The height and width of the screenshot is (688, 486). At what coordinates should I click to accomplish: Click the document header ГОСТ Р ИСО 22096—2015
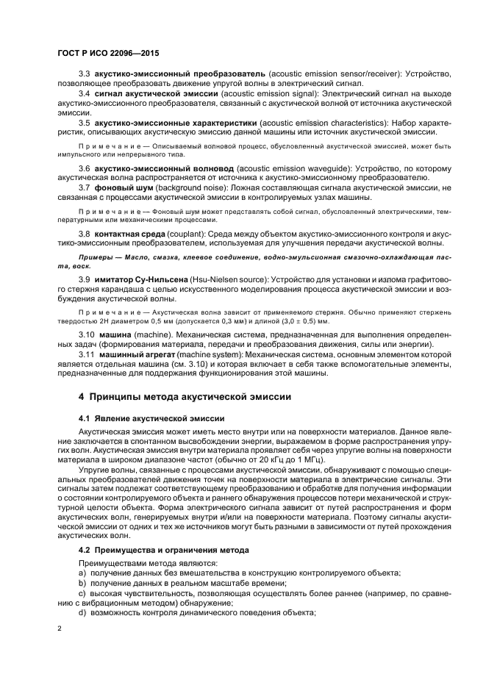108,54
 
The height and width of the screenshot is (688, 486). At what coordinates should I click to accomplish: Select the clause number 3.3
84,76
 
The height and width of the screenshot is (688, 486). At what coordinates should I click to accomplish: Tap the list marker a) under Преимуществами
82,573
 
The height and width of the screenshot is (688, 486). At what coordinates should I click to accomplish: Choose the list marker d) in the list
82,612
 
